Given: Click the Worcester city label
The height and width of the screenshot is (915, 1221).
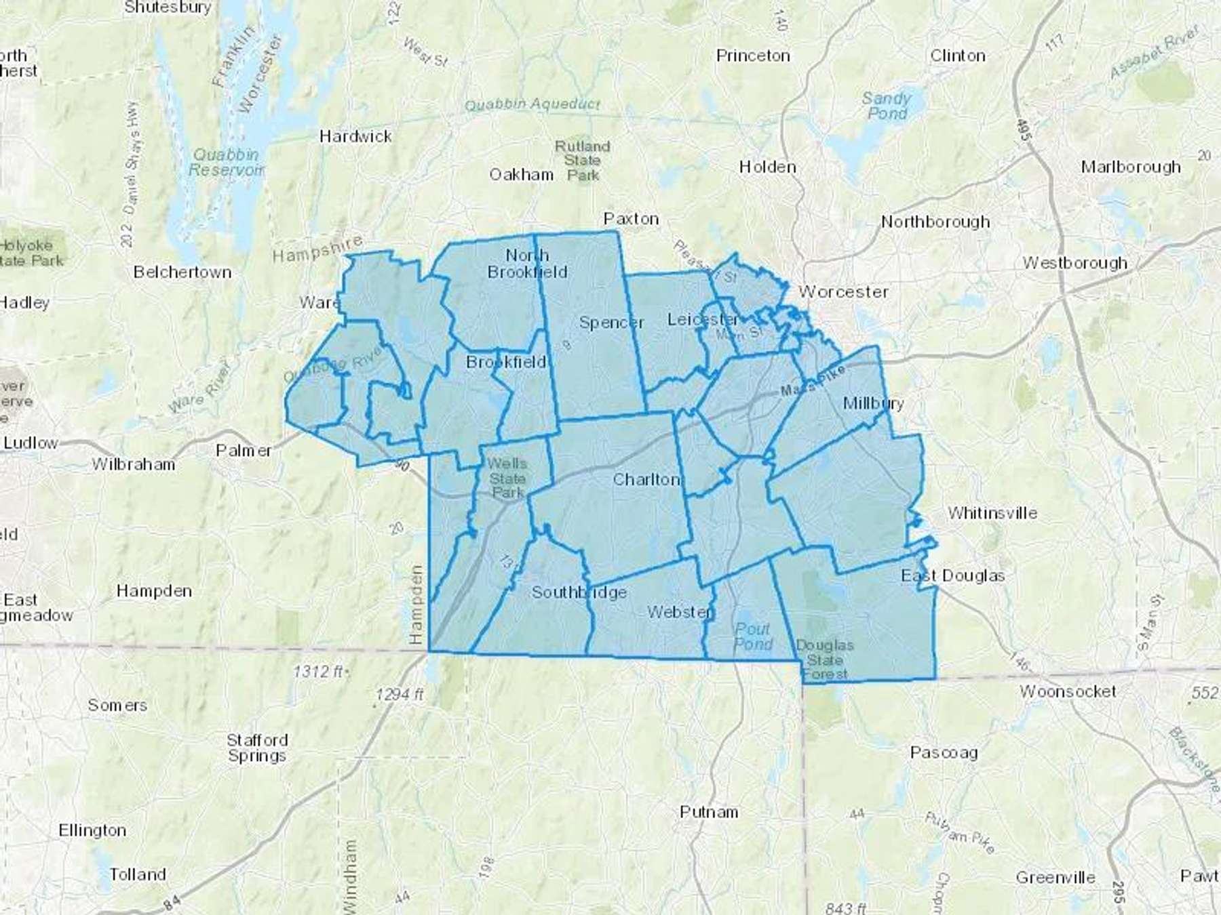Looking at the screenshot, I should [x=843, y=292].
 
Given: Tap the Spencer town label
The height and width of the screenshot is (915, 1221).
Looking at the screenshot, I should [x=611, y=323].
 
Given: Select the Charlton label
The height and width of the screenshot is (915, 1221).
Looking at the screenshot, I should [x=646, y=480].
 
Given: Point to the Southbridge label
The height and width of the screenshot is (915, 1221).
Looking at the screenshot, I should [x=579, y=592].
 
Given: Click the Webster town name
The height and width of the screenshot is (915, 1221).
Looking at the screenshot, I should [x=680, y=612].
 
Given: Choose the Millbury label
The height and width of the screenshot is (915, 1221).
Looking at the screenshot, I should [x=873, y=403].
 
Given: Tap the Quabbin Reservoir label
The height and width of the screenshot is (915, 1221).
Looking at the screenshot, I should [x=226, y=163].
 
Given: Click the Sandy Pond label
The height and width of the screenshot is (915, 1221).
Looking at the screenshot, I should [x=887, y=106].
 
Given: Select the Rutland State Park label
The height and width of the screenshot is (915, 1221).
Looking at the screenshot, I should [x=583, y=161].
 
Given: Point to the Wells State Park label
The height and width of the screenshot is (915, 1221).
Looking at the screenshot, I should [x=507, y=478].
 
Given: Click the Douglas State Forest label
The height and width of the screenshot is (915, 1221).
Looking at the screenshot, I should [x=825, y=659].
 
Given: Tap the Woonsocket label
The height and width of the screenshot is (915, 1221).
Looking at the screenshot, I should [x=1068, y=691].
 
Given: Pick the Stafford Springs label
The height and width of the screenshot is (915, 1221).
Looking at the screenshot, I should [x=257, y=748].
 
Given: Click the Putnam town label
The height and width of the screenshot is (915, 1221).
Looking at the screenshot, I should [x=709, y=811].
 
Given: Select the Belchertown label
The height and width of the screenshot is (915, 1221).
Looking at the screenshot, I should [x=182, y=272].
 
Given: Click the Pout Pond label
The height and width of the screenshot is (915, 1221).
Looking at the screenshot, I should [x=753, y=636].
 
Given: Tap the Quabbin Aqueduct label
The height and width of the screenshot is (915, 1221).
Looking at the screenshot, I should [x=532, y=104].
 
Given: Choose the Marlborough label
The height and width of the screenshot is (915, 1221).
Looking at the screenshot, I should [x=1131, y=167].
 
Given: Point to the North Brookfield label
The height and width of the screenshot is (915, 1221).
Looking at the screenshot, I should [x=527, y=264].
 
